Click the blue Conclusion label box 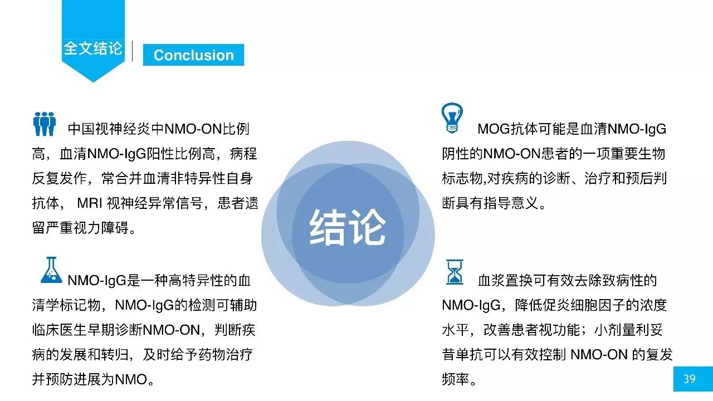click(x=193, y=55)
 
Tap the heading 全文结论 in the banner click(x=92, y=48)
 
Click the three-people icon click(x=45, y=124)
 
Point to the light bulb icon click(x=452, y=118)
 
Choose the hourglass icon click(x=454, y=272)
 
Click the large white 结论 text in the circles click(x=348, y=228)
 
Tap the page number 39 click(x=689, y=379)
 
